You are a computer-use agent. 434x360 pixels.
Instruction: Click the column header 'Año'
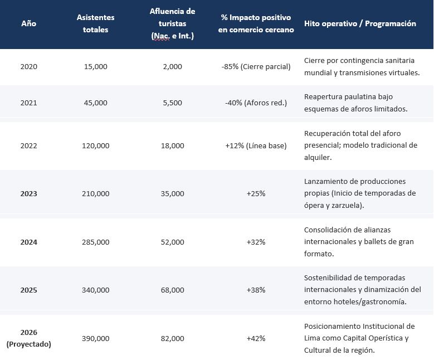pyautogui.click(x=29, y=23)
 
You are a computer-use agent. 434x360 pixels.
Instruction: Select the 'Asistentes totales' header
pyautogui.click(x=95, y=23)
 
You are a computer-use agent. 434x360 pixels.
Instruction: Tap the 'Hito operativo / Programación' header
pyautogui.click(x=360, y=23)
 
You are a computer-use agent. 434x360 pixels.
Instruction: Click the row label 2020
pyautogui.click(x=29, y=67)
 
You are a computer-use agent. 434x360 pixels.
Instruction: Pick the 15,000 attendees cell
pyautogui.click(x=95, y=67)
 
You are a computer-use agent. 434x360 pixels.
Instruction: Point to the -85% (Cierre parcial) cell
pyautogui.click(x=256, y=67)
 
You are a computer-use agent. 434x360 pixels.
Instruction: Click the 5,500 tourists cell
pyautogui.click(x=173, y=103)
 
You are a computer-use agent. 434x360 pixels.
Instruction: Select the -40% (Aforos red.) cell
pyautogui.click(x=256, y=103)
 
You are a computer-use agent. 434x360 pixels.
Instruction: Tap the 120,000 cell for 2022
pyautogui.click(x=95, y=146)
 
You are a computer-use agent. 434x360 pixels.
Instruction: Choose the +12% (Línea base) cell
pyautogui.click(x=256, y=146)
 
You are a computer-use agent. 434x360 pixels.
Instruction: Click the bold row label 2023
pyautogui.click(x=29, y=194)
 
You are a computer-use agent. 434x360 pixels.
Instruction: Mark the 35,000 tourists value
pyautogui.click(x=173, y=194)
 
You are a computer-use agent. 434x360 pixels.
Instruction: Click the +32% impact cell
pyautogui.click(x=256, y=242)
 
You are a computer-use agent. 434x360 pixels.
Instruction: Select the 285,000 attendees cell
pyautogui.click(x=95, y=242)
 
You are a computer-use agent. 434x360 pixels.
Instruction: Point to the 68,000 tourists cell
pyautogui.click(x=173, y=290)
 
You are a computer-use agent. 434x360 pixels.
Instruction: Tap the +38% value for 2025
pyautogui.click(x=256, y=290)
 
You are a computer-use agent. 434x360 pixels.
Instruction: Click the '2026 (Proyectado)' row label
pyautogui.click(x=29, y=338)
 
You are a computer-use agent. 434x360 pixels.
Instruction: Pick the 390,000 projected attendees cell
pyautogui.click(x=95, y=339)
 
